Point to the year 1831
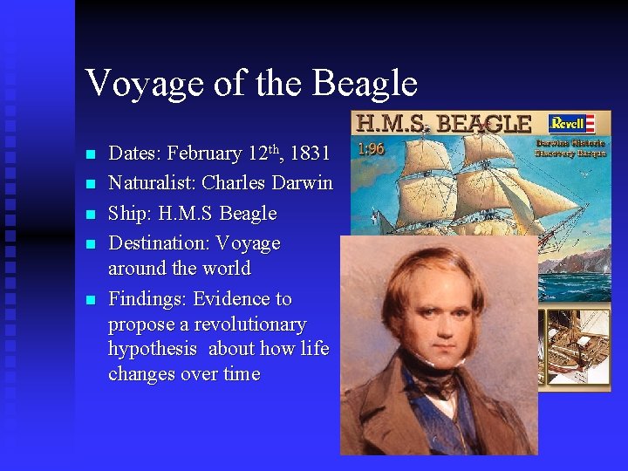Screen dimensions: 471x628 pyautogui.click(x=310, y=154)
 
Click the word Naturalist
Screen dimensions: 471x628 pyautogui.click(x=151, y=183)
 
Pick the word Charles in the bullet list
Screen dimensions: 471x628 pyautogui.click(x=233, y=183)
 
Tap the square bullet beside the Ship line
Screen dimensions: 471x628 pyautogui.click(x=90, y=214)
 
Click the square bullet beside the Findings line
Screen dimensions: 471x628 pyautogui.click(x=90, y=299)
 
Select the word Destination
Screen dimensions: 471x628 pyautogui.click(x=158, y=243)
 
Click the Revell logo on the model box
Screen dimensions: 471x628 pyautogui.click(x=571, y=123)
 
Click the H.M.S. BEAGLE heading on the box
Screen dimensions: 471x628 pyautogui.click(x=441, y=124)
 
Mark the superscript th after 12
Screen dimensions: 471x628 pyautogui.click(x=277, y=148)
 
